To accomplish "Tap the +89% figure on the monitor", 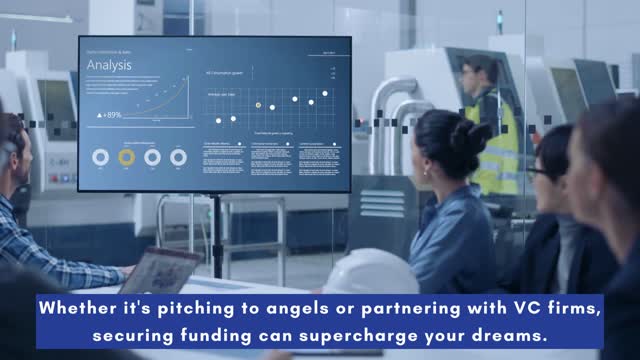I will click(x=109, y=115).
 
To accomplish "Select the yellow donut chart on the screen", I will click(x=126, y=157).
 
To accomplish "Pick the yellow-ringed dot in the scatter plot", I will click(x=258, y=105).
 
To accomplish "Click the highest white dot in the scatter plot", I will click(x=324, y=93).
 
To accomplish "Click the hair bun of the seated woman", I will click(x=469, y=135).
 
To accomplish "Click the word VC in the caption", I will click(x=509, y=309).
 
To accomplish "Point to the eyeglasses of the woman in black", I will click(x=535, y=172).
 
